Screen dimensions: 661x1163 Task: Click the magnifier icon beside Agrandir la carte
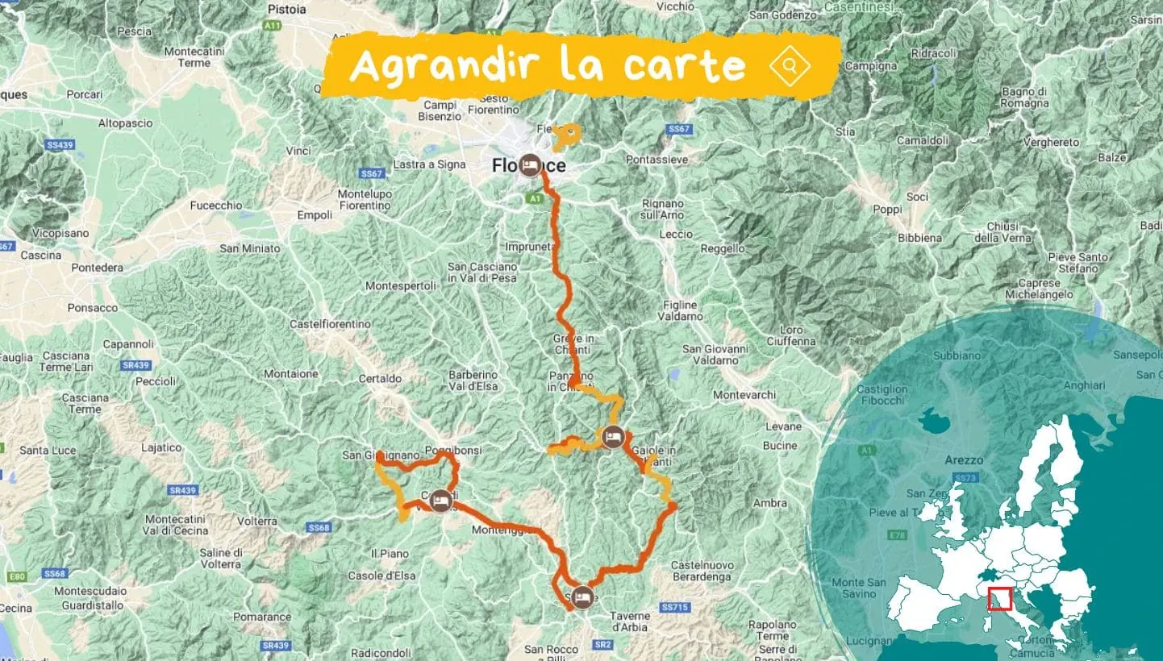pos(790,65)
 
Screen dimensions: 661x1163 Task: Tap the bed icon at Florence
pos(530,164)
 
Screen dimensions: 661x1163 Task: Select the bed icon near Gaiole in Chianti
pos(613,437)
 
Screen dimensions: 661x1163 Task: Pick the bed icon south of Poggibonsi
pos(440,501)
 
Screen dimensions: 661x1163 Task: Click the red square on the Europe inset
pos(999,599)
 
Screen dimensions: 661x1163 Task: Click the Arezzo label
pos(963,460)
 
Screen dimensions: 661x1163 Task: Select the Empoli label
pos(315,215)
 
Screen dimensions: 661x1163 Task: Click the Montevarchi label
pos(744,395)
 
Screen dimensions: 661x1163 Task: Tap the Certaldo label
pos(379,378)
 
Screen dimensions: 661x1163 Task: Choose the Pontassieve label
pos(657,160)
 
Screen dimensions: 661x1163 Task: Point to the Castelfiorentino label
pos(331,324)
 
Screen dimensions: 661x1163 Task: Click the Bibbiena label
pos(920,238)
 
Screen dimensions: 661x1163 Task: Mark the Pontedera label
pos(97,268)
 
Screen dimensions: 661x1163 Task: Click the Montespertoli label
pos(401,285)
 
